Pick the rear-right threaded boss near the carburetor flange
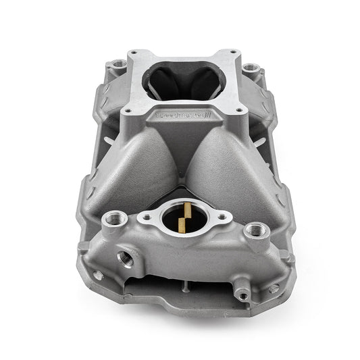(x=253, y=68)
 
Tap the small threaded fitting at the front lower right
(x=241, y=294)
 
